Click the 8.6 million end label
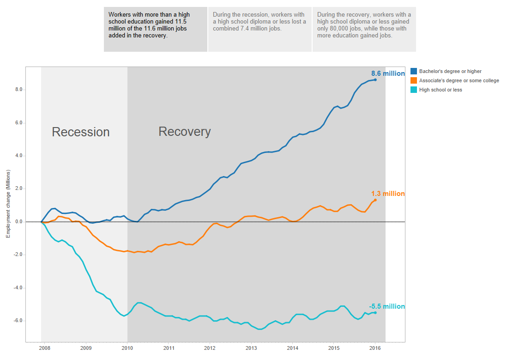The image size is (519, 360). [388, 73]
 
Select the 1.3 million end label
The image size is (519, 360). [388, 194]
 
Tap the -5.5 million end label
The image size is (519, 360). [386, 306]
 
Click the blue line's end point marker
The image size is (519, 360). [375, 79]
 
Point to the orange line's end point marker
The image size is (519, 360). [375, 200]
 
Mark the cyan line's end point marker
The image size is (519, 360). [375, 312]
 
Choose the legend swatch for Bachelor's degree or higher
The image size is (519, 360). [414, 71]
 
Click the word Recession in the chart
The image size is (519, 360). [81, 132]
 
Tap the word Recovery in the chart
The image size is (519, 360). [185, 132]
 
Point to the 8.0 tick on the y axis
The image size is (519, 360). [18, 90]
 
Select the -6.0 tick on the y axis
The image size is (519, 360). [18, 321]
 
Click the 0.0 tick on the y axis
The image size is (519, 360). [18, 222]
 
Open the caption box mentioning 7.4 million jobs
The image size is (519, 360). [260, 29]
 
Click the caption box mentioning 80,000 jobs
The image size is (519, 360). [364, 29]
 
